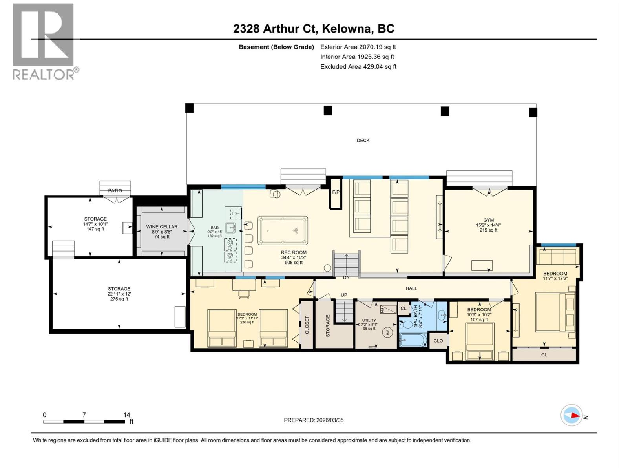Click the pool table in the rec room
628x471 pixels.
point(283,230)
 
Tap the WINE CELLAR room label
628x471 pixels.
point(162,227)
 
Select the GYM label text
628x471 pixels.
point(488,220)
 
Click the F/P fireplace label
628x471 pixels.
point(336,192)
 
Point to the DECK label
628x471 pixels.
point(363,140)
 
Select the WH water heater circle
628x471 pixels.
point(387,332)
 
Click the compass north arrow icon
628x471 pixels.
point(571,415)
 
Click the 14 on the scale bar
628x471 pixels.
point(126,414)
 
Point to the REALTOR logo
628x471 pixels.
point(44,41)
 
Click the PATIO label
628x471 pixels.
point(115,190)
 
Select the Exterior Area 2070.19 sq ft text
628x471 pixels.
point(358,47)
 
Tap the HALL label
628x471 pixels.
point(411,288)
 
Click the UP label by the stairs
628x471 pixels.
point(344,295)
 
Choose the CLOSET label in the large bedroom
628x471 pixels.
point(307,325)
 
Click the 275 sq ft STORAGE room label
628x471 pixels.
point(119,294)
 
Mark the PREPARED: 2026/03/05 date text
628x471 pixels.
point(314,420)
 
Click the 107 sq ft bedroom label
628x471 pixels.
point(479,314)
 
